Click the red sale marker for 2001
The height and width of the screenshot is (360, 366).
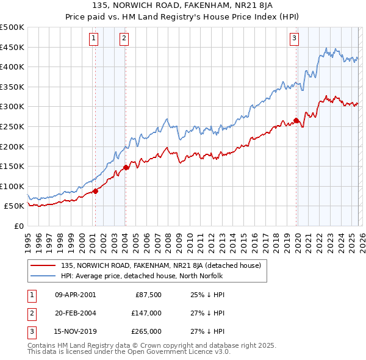click(x=95, y=191)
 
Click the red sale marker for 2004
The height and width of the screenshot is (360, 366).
click(x=126, y=167)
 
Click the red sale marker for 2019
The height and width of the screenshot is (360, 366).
click(x=296, y=120)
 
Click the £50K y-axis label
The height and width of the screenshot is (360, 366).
click(x=15, y=206)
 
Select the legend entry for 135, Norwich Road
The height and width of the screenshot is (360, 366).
click(x=161, y=265)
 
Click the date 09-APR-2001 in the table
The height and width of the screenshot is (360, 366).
click(x=75, y=295)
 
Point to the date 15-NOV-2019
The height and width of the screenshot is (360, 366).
click(x=75, y=331)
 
